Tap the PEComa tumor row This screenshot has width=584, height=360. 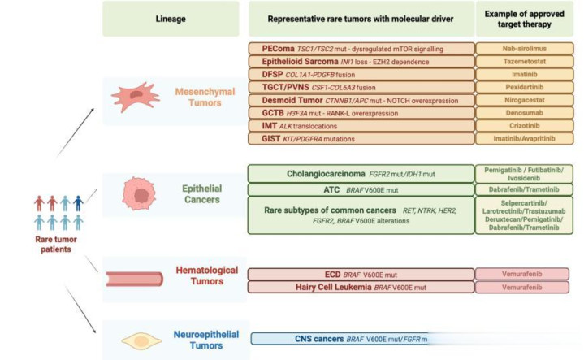361,48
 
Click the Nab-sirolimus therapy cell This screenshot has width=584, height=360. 528,48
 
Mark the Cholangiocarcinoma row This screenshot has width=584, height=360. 361,173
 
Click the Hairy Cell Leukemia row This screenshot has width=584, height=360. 361,288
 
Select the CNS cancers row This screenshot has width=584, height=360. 361,339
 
